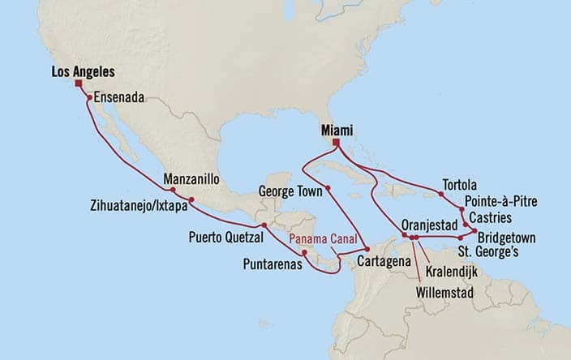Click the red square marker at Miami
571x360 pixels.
(335, 144)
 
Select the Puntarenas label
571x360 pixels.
(273, 264)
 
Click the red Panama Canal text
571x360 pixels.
(322, 239)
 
